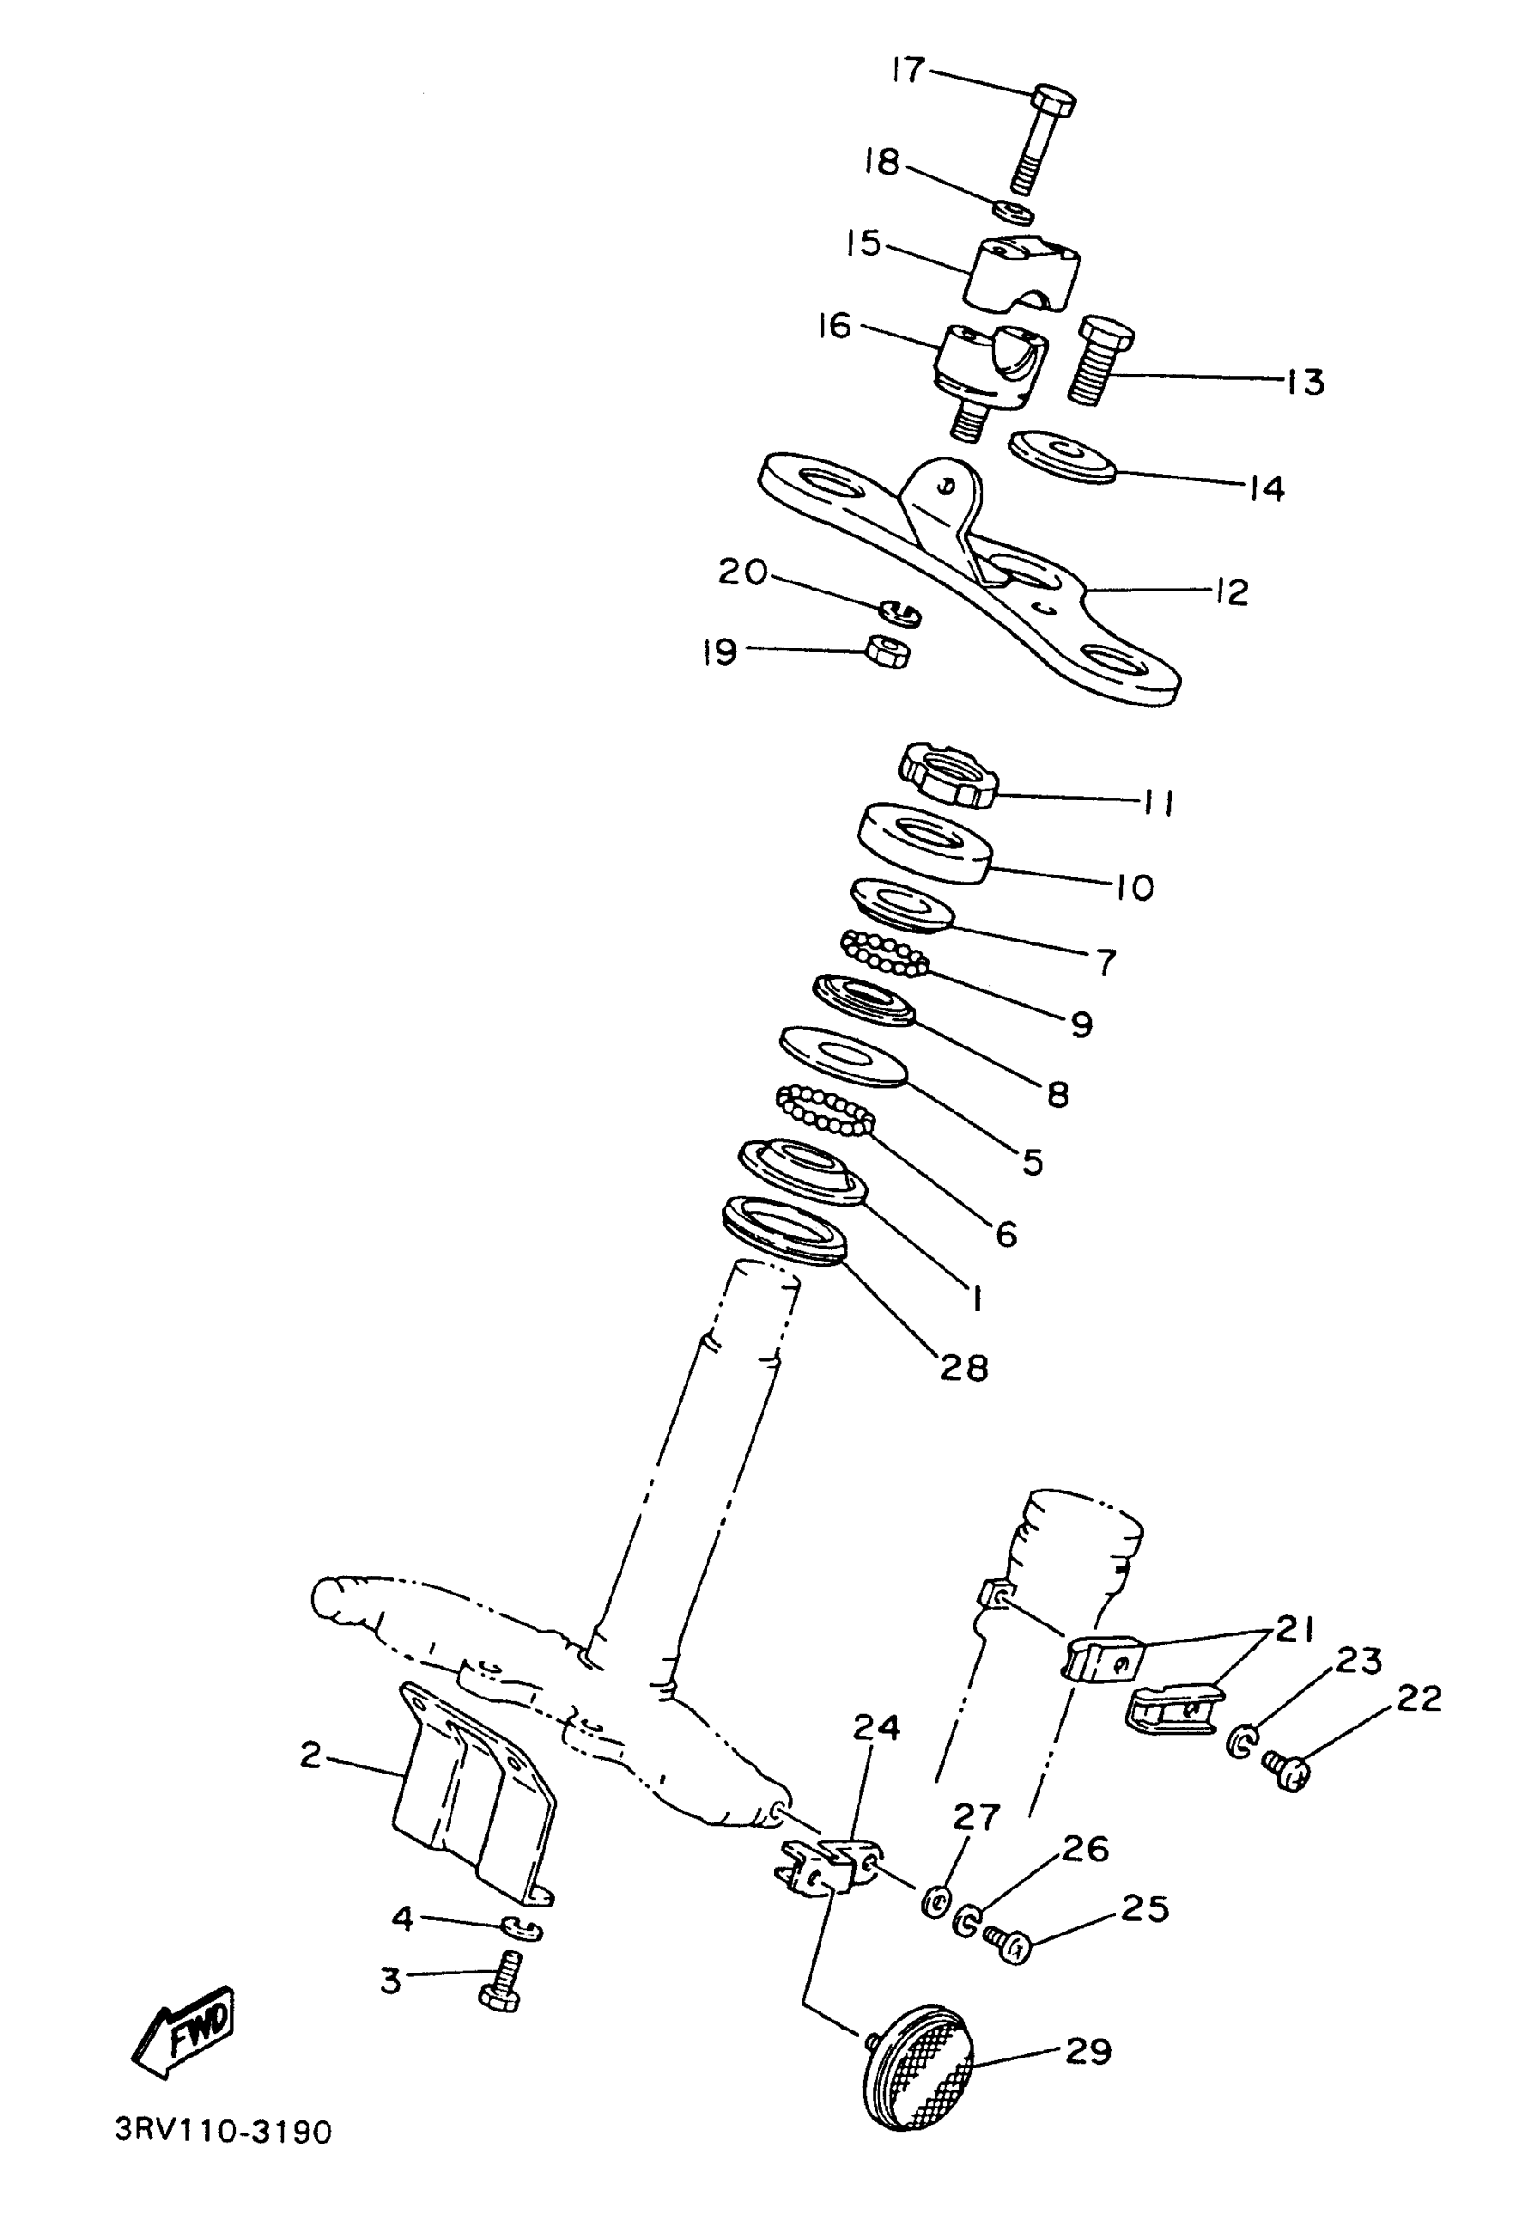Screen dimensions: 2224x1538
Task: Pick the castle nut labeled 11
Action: [948, 775]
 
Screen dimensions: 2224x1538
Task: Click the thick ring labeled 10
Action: [926, 842]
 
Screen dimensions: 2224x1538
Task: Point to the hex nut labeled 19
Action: [888, 652]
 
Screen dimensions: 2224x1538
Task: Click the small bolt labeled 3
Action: [501, 1978]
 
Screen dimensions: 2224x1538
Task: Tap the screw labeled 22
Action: [1287, 1769]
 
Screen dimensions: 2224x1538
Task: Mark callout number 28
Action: [964, 1367]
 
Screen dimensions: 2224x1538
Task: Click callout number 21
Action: [1296, 1630]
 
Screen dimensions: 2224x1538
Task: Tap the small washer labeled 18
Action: [1016, 211]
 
